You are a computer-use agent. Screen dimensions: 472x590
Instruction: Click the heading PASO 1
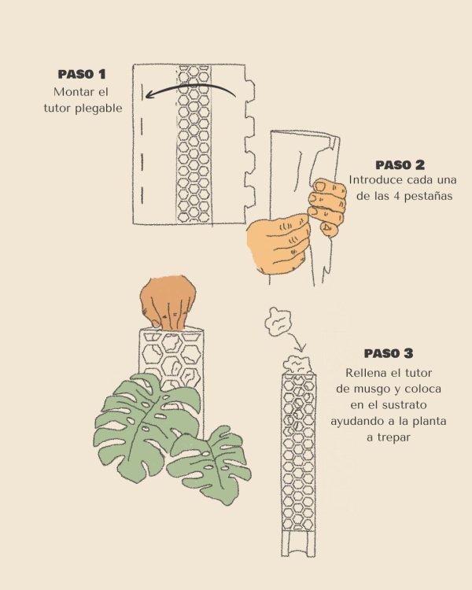point(82,74)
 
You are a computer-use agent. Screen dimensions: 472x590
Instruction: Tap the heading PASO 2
point(400,165)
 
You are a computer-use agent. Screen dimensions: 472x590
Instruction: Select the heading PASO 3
point(389,353)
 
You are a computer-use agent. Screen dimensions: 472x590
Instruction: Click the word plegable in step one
point(98,109)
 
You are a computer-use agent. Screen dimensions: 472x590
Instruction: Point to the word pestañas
point(429,196)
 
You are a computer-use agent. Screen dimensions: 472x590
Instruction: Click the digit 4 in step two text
point(396,196)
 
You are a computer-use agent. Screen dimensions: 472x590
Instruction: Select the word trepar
point(388,437)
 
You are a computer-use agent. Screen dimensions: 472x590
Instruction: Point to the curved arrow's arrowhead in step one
point(148,94)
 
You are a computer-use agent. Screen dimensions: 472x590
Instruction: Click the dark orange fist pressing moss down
point(168,303)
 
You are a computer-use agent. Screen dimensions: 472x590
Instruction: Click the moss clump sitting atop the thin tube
point(297,365)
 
